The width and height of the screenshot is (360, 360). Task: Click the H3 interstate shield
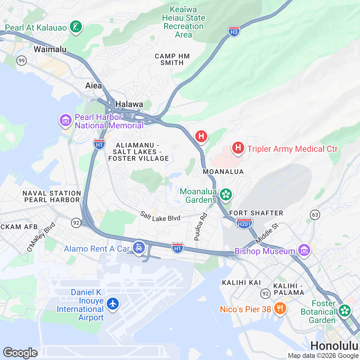click(234, 31)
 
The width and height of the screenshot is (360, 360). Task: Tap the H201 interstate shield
click(244, 223)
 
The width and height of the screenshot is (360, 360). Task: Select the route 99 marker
click(21, 61)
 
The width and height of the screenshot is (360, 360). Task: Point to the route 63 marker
click(315, 215)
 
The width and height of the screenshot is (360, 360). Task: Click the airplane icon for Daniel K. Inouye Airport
click(113, 304)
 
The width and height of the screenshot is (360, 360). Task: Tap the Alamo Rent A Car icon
click(139, 248)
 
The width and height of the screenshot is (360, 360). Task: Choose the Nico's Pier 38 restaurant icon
click(280, 308)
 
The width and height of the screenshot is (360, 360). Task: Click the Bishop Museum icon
click(304, 250)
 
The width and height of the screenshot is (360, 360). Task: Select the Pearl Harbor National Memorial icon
click(65, 120)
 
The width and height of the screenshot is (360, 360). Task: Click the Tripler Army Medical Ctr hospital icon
click(238, 148)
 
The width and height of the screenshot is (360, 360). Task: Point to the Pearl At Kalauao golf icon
click(76, 27)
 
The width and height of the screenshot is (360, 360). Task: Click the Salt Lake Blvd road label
click(160, 217)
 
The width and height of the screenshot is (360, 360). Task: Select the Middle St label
click(267, 233)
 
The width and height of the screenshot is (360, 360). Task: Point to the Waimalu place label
click(50, 49)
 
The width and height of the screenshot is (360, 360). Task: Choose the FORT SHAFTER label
click(256, 213)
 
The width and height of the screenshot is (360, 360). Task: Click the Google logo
click(20, 353)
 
